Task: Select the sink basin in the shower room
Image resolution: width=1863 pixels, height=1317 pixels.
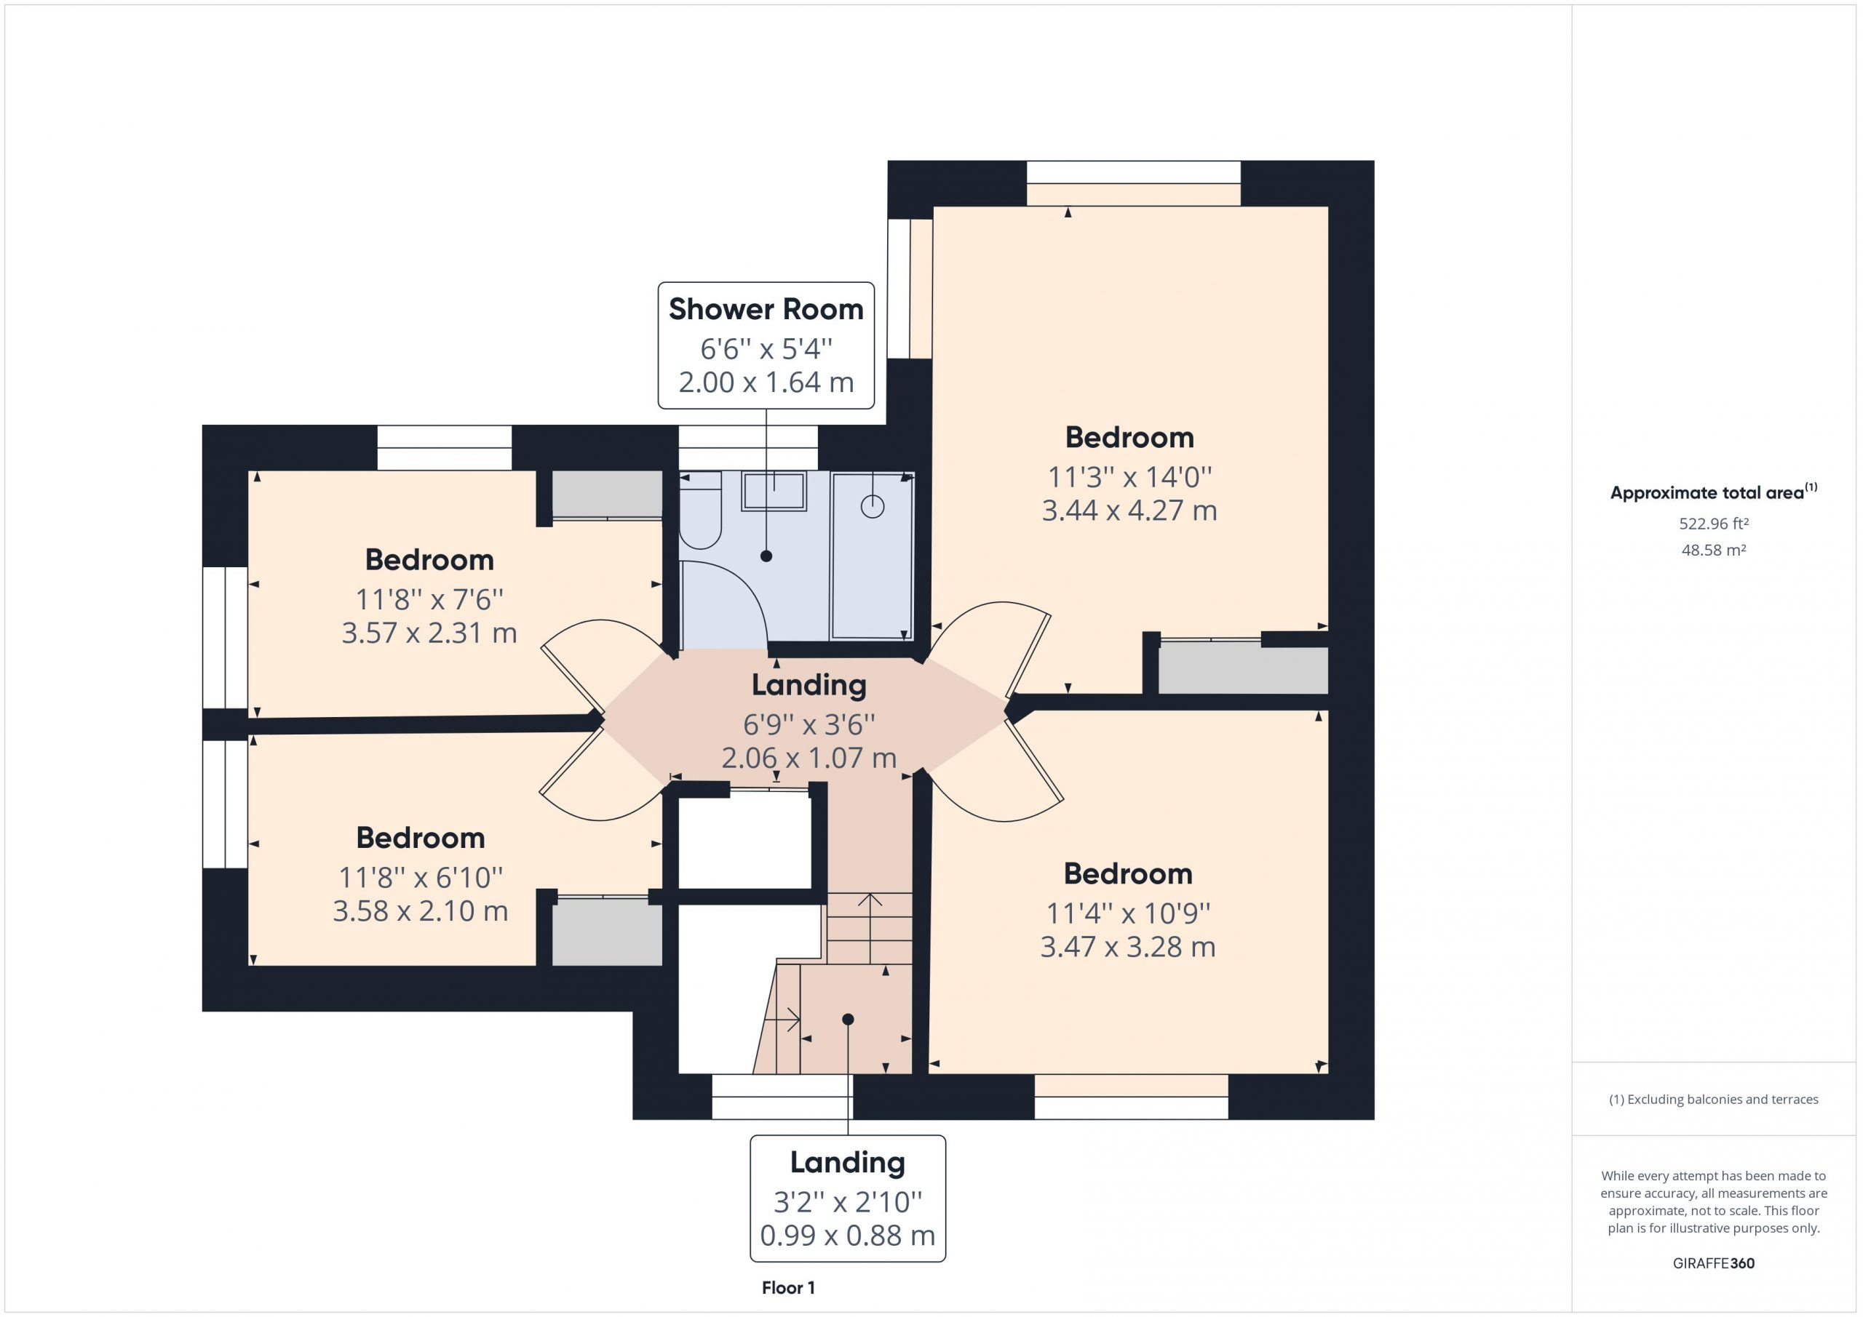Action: pyautogui.click(x=774, y=492)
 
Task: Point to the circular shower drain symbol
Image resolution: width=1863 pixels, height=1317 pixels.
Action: pyautogui.click(x=873, y=507)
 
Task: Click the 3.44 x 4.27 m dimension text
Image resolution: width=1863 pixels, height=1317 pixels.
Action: pyautogui.click(x=1129, y=511)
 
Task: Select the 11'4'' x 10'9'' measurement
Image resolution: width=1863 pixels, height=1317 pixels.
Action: pyautogui.click(x=1128, y=914)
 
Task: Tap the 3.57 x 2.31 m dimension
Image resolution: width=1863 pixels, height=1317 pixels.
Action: pyautogui.click(x=429, y=633)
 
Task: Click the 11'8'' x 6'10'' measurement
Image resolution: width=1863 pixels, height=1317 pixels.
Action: pyautogui.click(x=421, y=878)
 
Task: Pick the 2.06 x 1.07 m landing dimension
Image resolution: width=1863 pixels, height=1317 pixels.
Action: pyautogui.click(x=809, y=758)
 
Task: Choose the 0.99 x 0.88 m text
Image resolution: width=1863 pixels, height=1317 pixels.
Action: pyautogui.click(x=847, y=1236)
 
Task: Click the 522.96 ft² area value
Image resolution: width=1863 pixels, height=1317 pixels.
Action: pyautogui.click(x=1713, y=524)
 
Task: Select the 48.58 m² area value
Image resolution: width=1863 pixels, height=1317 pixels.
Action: pyautogui.click(x=1713, y=550)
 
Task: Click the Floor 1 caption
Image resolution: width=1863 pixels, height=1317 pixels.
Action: pyautogui.click(x=788, y=1288)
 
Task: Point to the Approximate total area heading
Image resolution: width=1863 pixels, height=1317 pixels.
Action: pyautogui.click(x=1714, y=492)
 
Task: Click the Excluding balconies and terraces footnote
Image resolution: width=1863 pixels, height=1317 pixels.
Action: pyautogui.click(x=1714, y=1100)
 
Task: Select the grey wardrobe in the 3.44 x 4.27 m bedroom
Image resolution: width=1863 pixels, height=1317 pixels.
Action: pyautogui.click(x=1243, y=670)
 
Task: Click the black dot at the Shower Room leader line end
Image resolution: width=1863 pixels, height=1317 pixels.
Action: pyautogui.click(x=766, y=556)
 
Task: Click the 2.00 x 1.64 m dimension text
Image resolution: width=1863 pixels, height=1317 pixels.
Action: pyautogui.click(x=766, y=383)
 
